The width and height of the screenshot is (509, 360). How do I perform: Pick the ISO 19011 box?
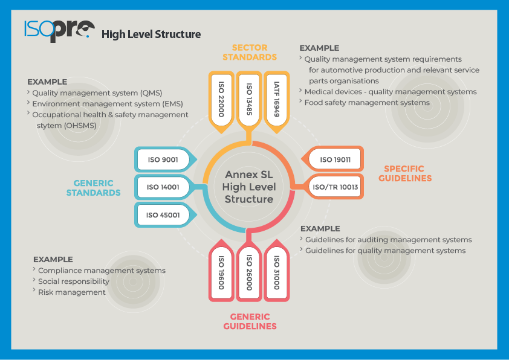click(334, 159)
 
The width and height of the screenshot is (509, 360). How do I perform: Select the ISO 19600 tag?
click(221, 272)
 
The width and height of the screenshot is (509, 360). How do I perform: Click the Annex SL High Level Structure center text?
click(249, 187)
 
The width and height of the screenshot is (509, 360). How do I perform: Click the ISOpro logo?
click(59, 30)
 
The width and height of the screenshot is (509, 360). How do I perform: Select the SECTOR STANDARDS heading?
click(249, 52)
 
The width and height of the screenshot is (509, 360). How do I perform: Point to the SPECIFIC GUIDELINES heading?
click(408, 173)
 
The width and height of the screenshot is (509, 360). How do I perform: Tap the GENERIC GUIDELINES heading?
click(250, 321)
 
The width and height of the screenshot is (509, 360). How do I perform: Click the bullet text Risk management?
click(71, 292)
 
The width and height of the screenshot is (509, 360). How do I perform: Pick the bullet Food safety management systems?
click(367, 103)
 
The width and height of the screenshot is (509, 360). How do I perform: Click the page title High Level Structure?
click(151, 34)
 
